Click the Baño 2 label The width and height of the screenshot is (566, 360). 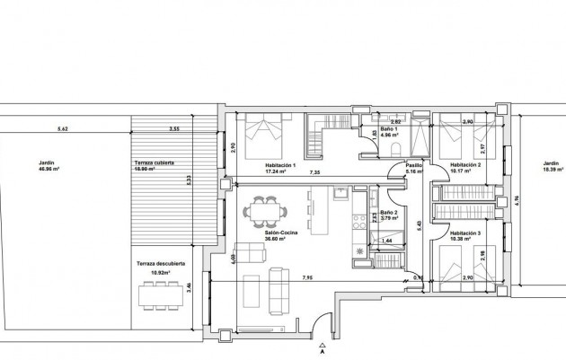point(388,213)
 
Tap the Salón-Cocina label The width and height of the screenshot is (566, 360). point(269,236)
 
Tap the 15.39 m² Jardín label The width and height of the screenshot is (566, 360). point(551,168)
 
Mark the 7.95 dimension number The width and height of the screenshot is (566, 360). point(308,277)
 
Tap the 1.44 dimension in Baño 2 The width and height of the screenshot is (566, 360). point(388,241)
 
